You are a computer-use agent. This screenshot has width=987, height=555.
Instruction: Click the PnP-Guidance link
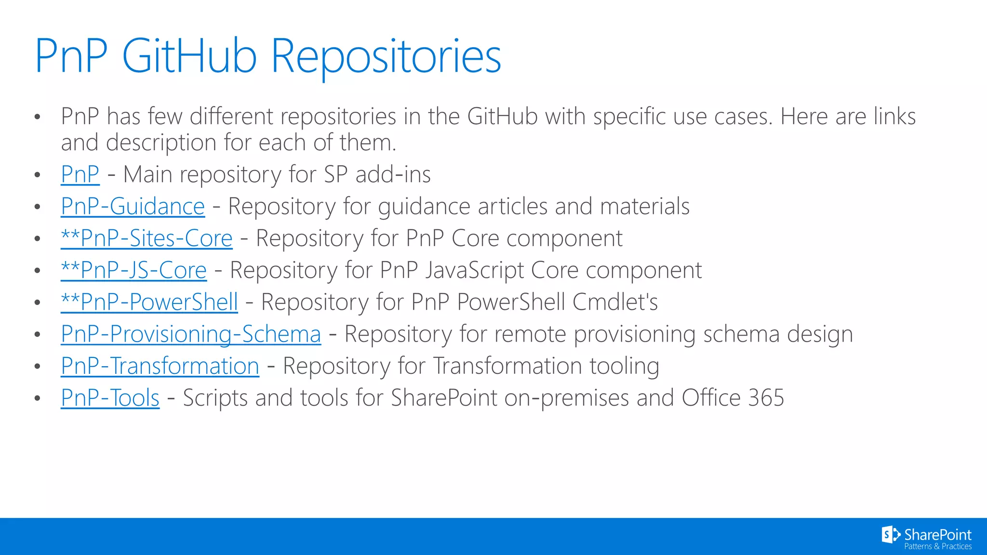133,207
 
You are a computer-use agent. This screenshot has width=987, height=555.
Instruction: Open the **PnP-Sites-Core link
147,238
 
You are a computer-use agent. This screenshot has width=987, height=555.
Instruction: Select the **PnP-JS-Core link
133,270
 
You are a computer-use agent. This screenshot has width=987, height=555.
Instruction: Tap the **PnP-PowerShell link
149,302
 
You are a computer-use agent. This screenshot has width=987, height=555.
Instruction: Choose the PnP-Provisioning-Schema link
191,334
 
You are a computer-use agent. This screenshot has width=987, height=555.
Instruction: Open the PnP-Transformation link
160,366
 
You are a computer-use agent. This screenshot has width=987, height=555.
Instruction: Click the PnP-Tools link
110,398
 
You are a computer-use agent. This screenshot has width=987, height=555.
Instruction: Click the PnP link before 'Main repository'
80,174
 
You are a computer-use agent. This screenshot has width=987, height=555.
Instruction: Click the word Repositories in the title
386,57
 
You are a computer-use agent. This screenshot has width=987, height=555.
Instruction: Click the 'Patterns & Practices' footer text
938,546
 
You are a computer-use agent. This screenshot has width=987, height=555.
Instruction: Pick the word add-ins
393,174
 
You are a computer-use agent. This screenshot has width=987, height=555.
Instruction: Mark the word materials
645,207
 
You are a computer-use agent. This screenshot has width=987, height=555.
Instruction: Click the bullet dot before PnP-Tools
38,398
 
